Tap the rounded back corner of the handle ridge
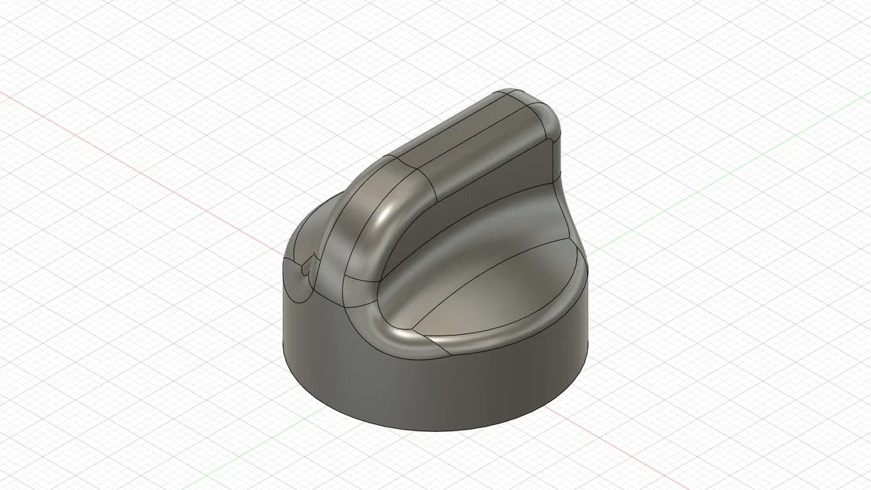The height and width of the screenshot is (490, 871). [541, 106]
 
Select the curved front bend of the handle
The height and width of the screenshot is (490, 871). [368, 227]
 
